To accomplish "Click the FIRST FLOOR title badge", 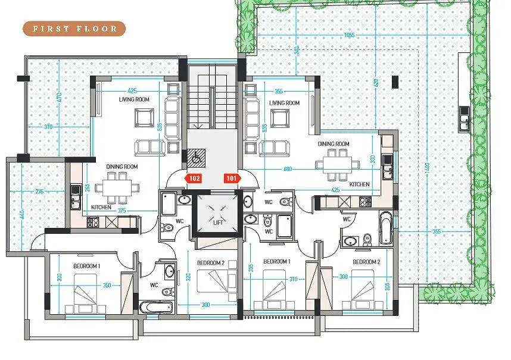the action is (x=74, y=29).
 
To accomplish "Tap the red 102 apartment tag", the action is (x=194, y=178).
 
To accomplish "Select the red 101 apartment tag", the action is (x=232, y=178).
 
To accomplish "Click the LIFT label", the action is (x=218, y=223).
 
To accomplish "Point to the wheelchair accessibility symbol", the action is (x=197, y=158).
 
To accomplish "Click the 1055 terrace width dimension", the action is (x=349, y=35).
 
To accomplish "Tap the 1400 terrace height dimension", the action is (x=428, y=167).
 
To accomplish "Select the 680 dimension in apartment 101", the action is (x=288, y=169).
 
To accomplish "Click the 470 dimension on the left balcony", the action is (x=59, y=98).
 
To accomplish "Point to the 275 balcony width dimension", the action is (x=39, y=192).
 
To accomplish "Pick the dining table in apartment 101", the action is (x=338, y=164).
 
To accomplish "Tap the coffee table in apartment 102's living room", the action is (x=145, y=117).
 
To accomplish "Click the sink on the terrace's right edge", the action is (x=464, y=119).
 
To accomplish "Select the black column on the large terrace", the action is (x=395, y=82).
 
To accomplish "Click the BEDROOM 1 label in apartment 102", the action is (x=87, y=266).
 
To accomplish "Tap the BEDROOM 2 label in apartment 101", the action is (x=367, y=262).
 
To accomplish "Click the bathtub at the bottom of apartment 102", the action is (x=156, y=307).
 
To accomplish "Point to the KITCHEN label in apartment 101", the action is (x=360, y=184).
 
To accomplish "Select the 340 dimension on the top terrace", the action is (x=297, y=51).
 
